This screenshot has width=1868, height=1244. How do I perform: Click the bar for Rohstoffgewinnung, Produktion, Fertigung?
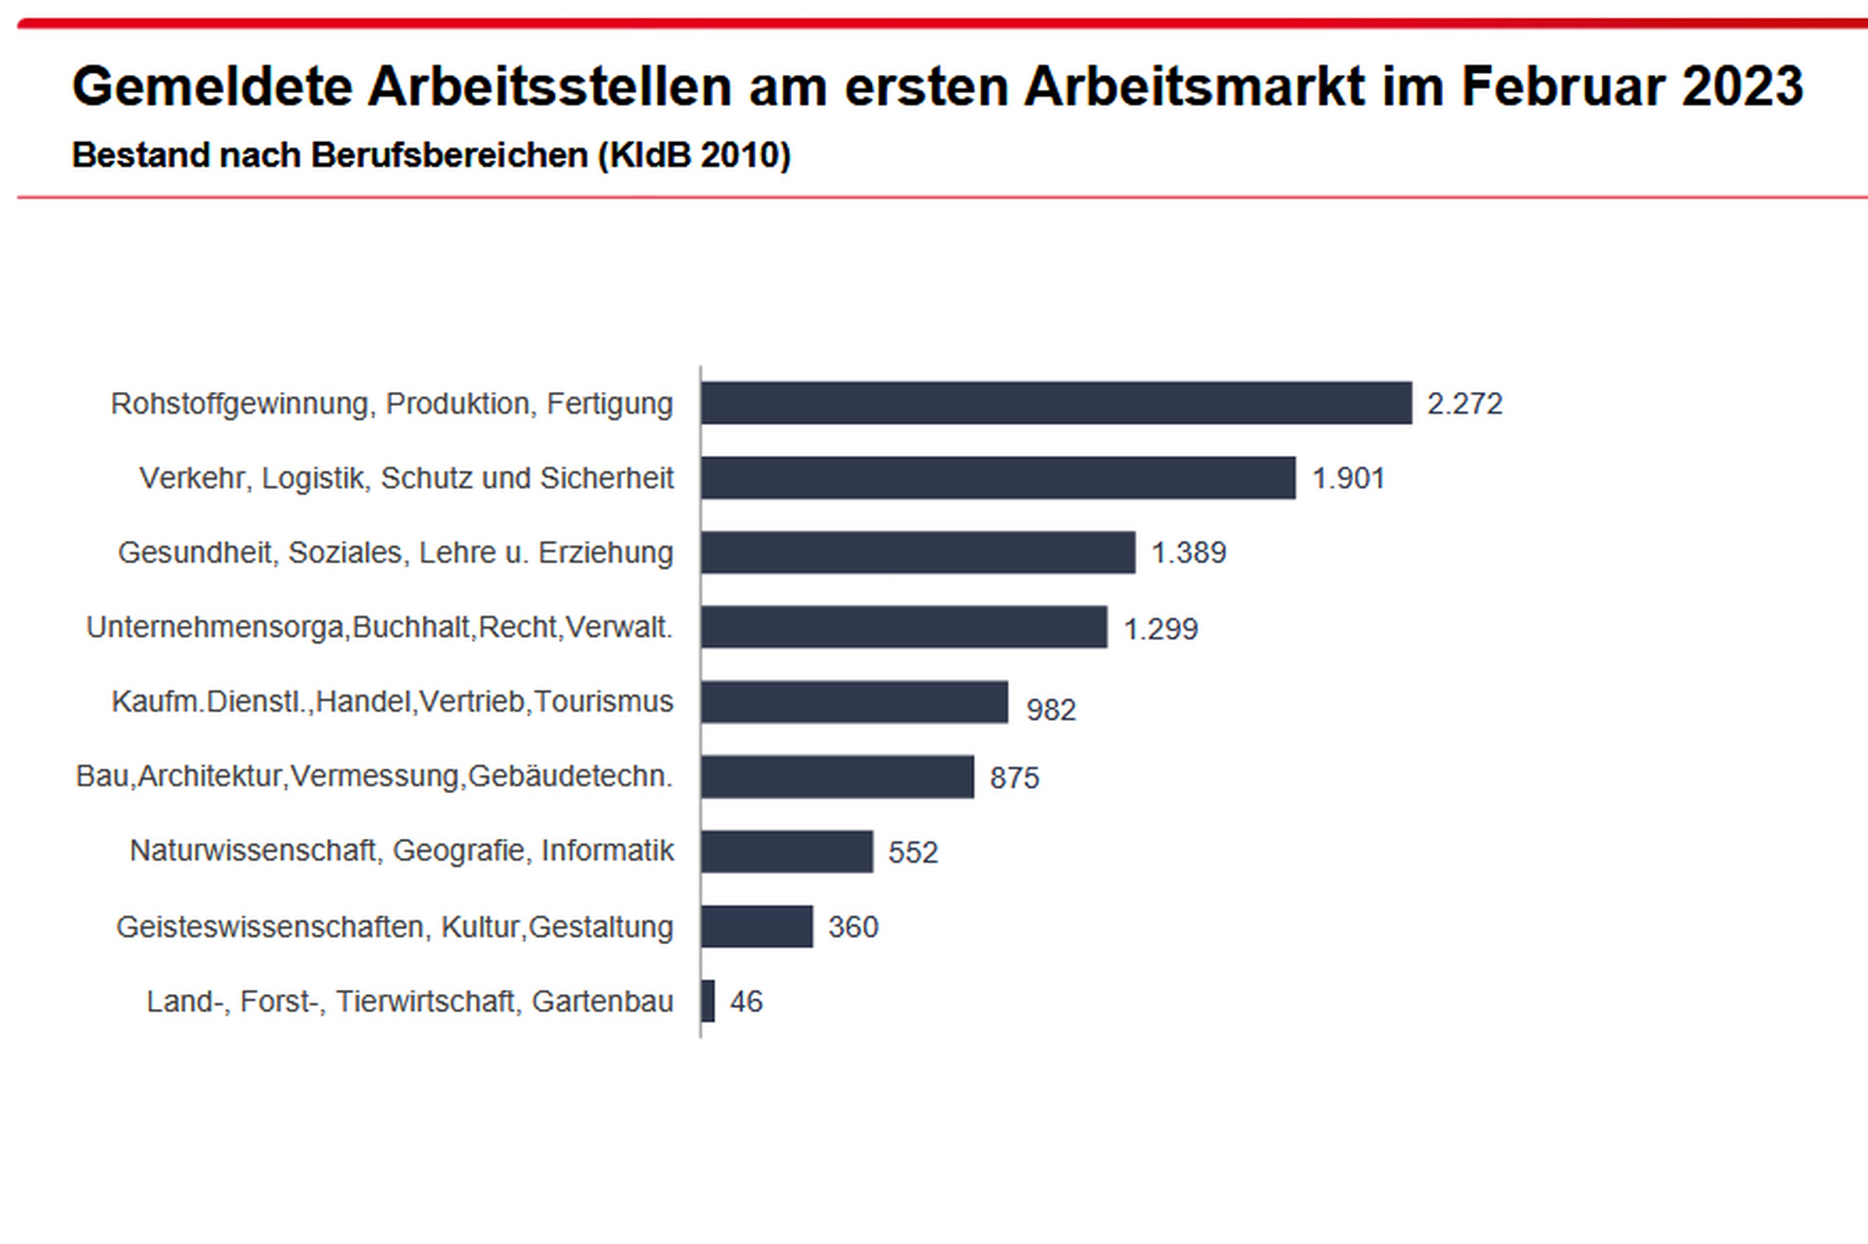1055,403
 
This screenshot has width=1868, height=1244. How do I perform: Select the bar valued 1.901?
997,478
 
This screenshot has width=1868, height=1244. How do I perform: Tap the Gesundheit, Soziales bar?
917,552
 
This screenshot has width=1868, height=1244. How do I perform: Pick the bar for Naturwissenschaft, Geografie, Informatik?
786,851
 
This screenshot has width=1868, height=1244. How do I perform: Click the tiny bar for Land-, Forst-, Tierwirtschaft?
707,1001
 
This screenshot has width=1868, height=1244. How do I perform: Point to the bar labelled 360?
756,926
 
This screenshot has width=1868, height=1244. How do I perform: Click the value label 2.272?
1465,404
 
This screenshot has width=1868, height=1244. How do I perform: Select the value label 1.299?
1160,629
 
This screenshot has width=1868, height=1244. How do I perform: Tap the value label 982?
1050,710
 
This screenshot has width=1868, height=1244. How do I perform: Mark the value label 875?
1014,778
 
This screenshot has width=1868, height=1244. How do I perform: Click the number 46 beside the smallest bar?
746,1002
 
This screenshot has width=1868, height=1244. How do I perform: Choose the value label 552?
912,853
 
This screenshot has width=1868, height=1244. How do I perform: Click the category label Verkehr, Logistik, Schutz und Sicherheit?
406,478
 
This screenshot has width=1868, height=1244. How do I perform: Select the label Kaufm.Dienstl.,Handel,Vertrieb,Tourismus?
392,702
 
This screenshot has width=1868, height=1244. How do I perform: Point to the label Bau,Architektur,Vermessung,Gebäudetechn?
374,776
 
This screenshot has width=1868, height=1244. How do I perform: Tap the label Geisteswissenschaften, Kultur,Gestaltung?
394,927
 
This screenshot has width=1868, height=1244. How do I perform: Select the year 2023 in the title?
1742,86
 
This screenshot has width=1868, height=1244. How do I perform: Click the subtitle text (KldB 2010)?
694,155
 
